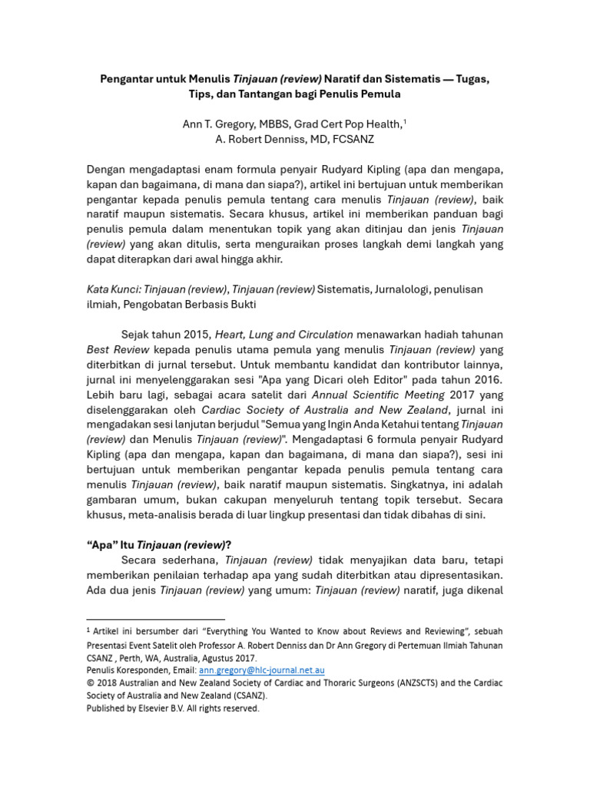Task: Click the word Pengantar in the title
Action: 129,79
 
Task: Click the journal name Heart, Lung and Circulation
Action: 283,334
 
